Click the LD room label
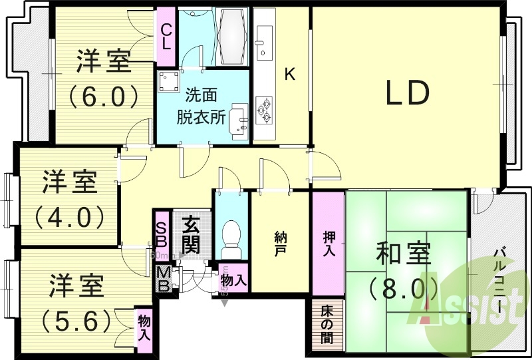point(407,94)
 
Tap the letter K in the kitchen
point(290,75)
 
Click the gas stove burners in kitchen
point(266,110)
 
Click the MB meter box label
point(162,277)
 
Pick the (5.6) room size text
point(75,321)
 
